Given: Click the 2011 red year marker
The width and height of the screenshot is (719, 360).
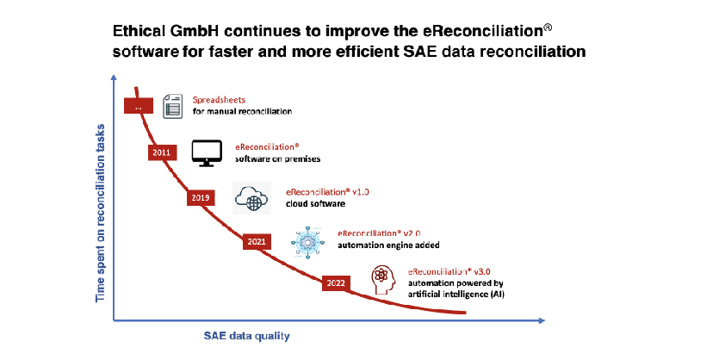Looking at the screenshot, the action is click(163, 152).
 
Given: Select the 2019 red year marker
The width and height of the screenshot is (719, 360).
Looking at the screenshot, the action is click(201, 198).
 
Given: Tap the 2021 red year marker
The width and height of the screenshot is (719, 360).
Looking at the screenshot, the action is click(257, 242).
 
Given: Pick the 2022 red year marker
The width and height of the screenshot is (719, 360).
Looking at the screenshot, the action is click(336, 283).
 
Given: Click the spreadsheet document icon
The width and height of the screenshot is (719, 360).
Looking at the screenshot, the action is click(173, 106).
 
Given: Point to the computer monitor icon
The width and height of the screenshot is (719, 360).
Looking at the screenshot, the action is click(207, 153).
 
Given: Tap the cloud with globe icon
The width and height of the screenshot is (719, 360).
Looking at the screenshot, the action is click(251, 198).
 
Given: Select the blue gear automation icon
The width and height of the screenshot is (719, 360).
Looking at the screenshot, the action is click(307, 242).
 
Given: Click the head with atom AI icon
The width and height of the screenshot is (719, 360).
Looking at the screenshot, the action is click(383, 280).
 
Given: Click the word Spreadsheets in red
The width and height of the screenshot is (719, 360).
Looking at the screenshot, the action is click(219, 100).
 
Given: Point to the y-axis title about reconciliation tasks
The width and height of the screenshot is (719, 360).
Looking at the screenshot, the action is click(100, 213).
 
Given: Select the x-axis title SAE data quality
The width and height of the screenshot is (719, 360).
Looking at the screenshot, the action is click(246, 336).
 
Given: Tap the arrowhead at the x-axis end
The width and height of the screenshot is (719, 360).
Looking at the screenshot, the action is click(542, 320).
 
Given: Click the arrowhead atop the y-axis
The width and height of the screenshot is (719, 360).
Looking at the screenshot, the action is click(114, 78).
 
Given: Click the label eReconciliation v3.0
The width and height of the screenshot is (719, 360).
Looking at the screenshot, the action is click(449, 271).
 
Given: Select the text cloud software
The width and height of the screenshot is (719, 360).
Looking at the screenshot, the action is click(315, 203).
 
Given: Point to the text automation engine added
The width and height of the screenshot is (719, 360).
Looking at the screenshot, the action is click(388, 245).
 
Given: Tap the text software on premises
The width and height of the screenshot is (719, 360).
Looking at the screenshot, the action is click(278, 158).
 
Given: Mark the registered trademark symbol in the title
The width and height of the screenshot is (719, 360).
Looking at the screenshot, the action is click(548, 28).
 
